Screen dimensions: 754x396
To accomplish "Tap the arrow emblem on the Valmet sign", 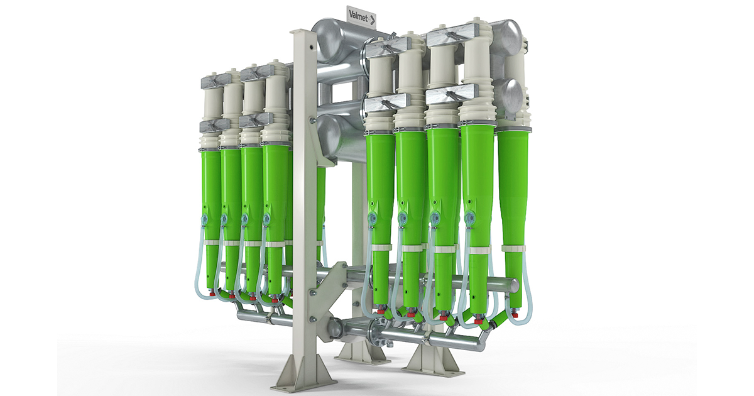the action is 371,19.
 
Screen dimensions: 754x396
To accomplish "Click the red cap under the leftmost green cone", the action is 212,295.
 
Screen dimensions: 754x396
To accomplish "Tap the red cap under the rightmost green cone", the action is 515,315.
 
